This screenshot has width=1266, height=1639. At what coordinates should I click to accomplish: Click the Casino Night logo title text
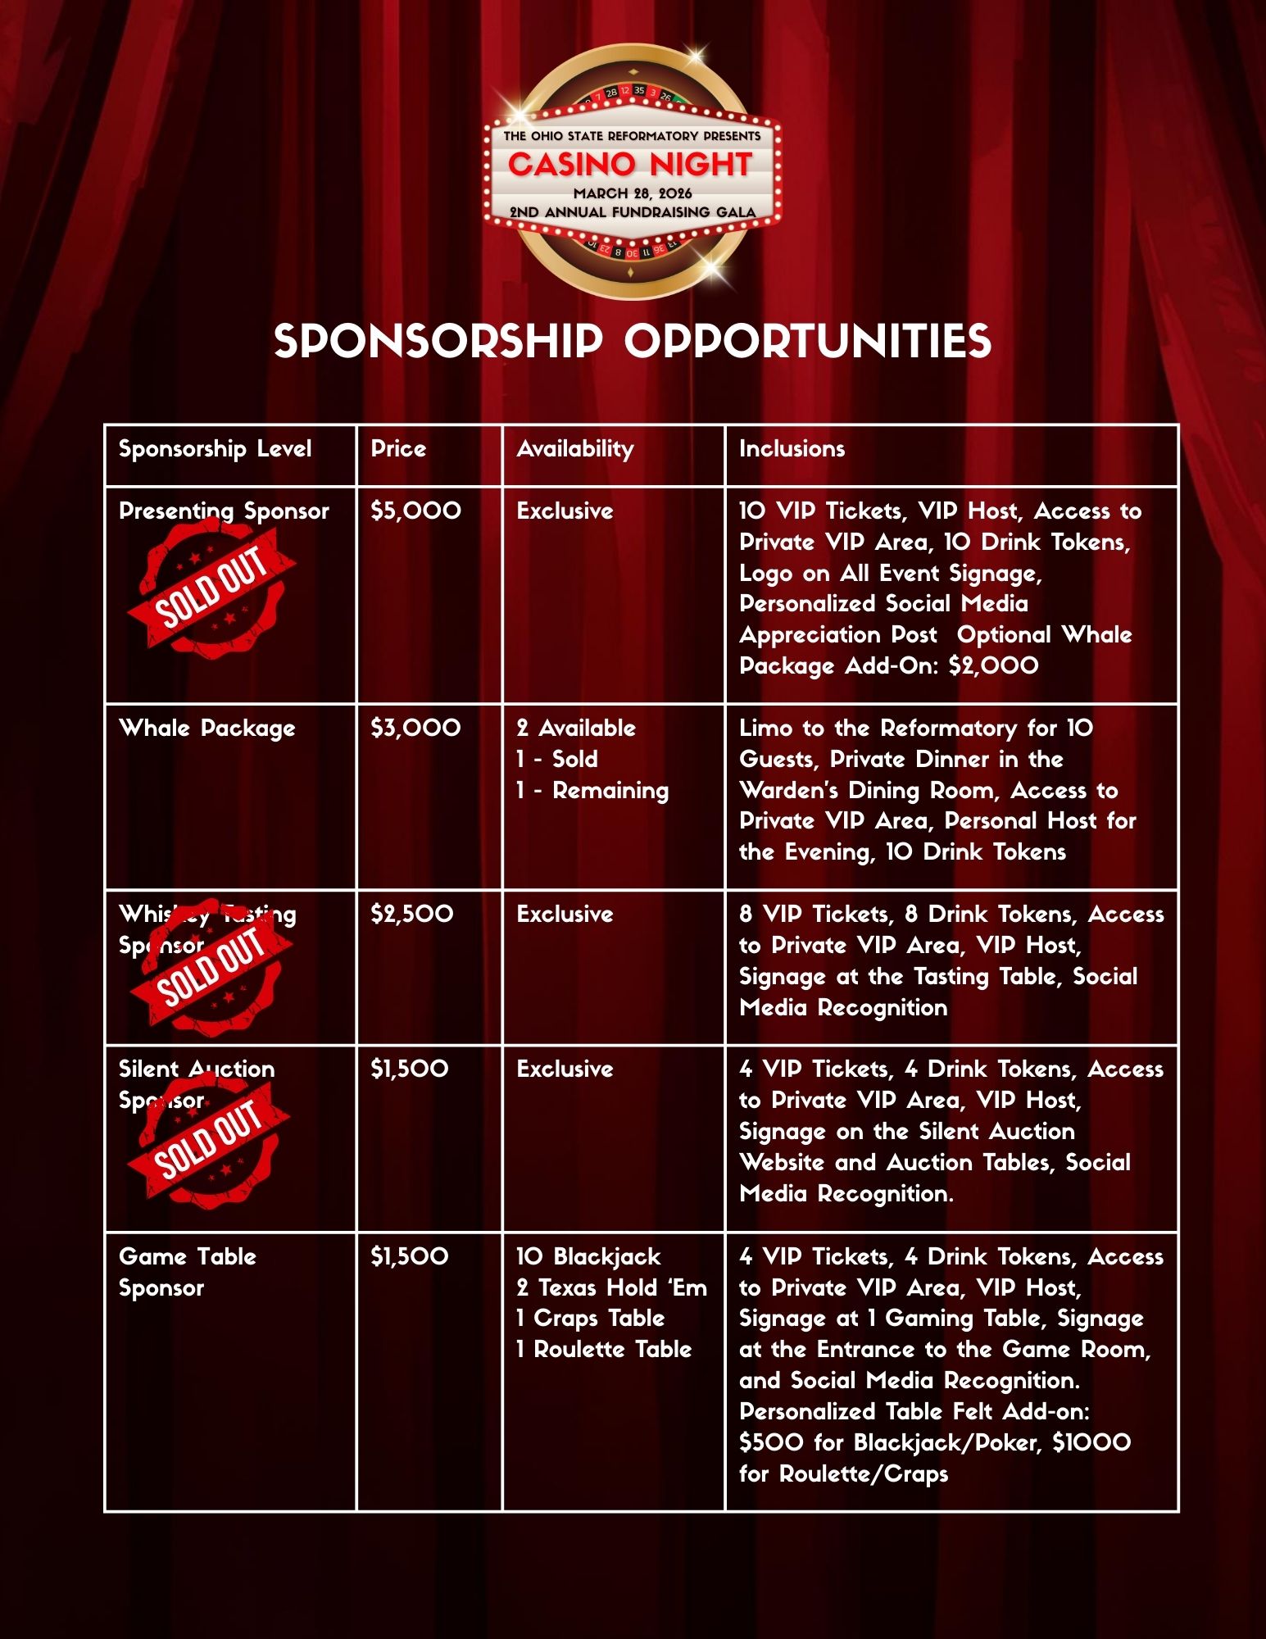pos(629,165)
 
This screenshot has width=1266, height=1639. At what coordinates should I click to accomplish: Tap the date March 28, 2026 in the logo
pos(632,193)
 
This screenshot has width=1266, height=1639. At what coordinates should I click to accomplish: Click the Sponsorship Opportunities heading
pos(632,341)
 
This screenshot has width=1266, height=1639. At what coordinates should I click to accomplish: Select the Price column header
pos(398,449)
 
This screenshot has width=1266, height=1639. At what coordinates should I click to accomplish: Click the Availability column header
pos(574,449)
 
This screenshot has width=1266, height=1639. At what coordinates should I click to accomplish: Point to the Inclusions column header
pos(792,449)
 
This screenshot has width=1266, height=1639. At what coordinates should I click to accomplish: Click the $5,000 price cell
pos(415,511)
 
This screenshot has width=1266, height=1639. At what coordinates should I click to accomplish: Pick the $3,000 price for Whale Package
pos(415,729)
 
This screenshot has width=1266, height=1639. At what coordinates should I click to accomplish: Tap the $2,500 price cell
pos(411,915)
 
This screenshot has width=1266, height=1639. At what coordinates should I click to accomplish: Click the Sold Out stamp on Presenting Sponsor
pos(211,588)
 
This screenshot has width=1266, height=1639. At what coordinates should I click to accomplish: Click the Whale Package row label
pos(206,729)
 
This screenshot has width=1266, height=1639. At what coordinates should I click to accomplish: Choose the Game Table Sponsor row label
pos(187,1272)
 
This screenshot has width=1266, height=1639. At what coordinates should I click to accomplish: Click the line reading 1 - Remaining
pos(592,791)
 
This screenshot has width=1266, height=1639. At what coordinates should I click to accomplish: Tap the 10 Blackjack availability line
pos(588,1257)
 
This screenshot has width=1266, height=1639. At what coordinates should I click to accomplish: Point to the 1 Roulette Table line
pos(603,1350)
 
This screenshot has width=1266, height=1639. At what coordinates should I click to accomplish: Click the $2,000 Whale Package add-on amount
pos(993,665)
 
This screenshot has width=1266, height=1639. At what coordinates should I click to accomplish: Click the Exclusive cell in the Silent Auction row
pos(565,1069)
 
